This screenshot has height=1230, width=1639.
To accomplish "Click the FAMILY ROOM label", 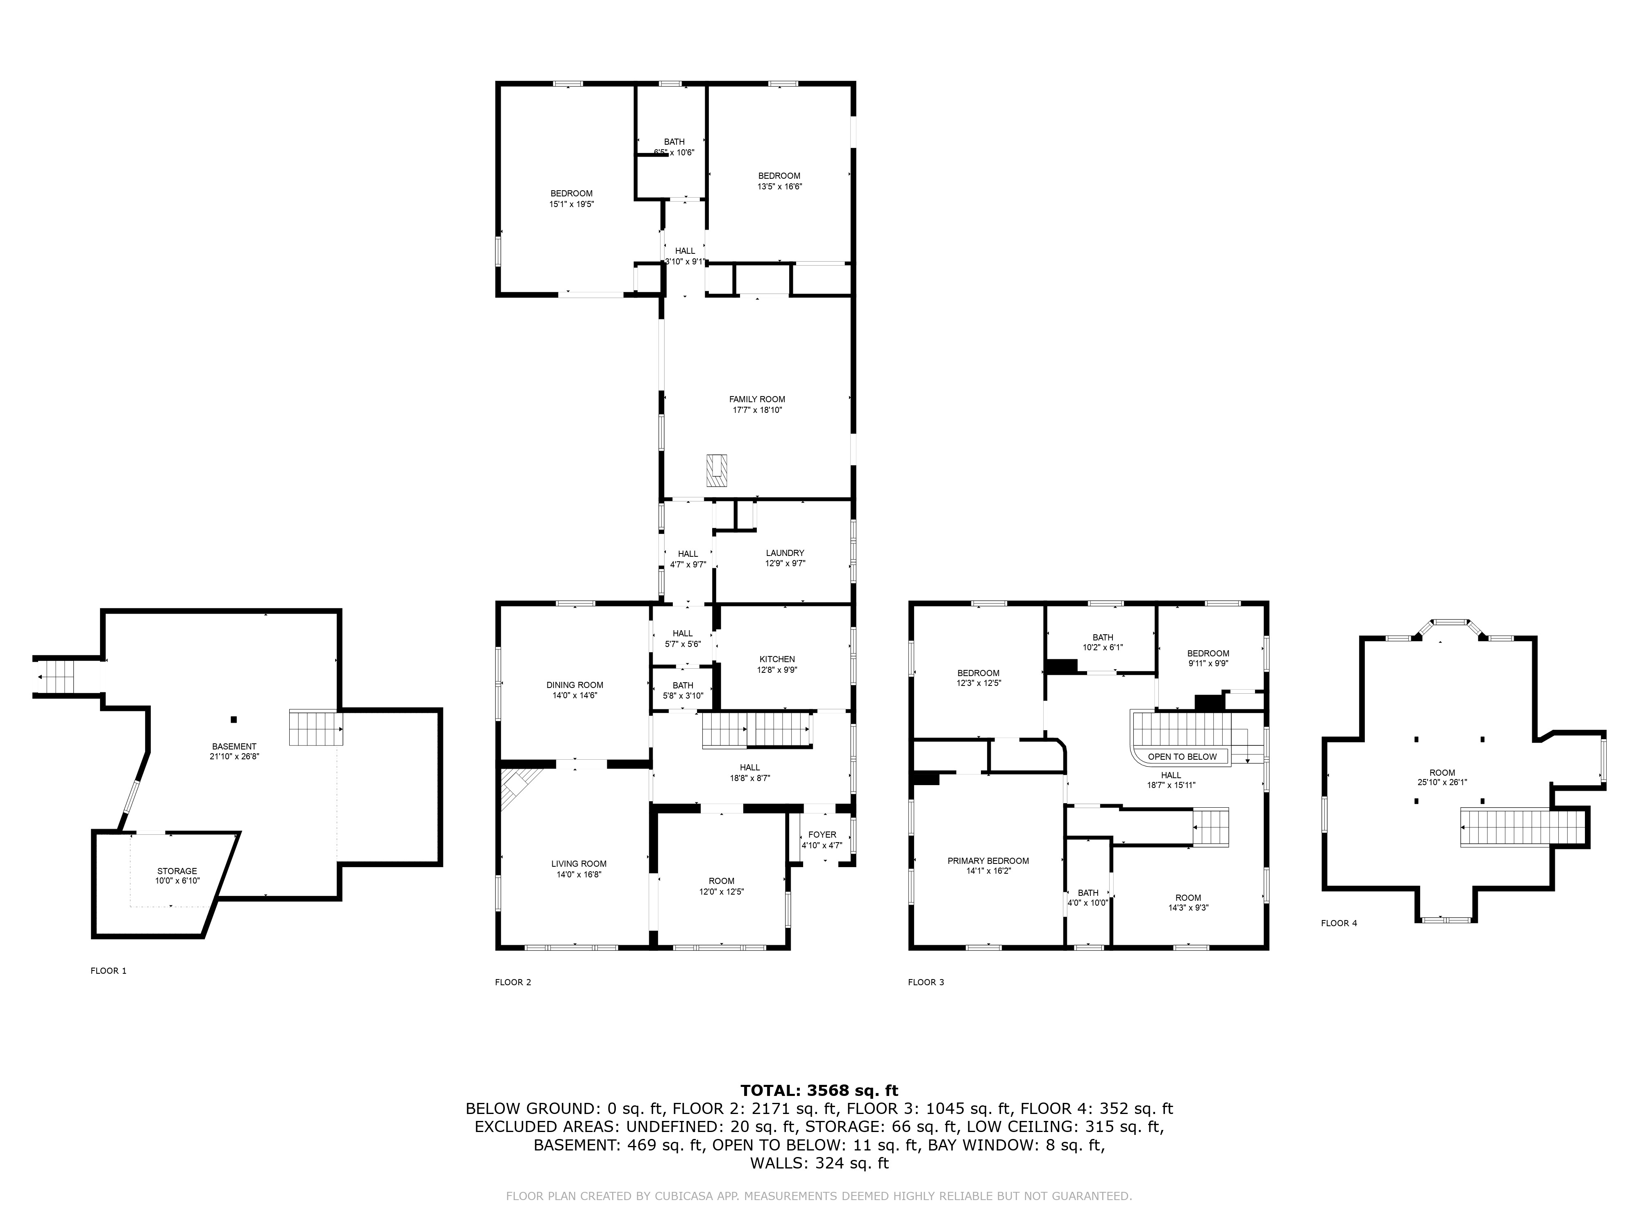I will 756,399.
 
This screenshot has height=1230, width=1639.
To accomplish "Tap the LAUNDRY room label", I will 785,553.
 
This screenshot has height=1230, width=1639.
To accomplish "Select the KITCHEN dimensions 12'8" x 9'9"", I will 776,670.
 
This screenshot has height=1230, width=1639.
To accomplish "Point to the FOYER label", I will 822,835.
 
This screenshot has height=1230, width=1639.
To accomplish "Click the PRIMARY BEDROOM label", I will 987,861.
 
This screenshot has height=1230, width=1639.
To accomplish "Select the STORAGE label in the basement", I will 177,871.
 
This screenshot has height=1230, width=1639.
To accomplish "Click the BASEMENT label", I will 234,747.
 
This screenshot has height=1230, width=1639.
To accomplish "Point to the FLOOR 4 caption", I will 1339,923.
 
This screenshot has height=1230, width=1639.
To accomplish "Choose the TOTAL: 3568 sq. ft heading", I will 819,1091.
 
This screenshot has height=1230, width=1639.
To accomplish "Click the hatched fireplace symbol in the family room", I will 717,470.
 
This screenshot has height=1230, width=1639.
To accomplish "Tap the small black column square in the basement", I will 234,719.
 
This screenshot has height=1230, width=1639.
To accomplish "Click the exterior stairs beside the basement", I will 57,677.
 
